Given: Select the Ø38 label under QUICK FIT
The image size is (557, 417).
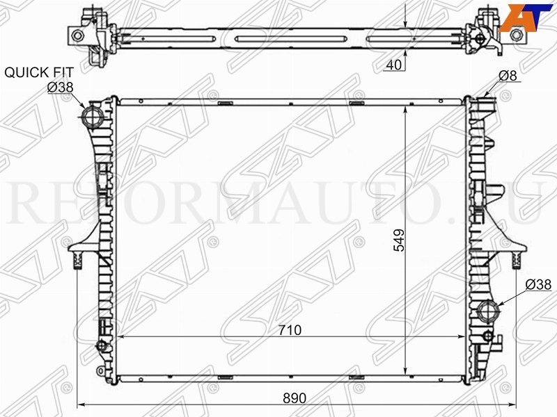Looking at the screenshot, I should click(61, 87).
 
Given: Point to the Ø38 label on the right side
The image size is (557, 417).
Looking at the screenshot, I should click(538, 284).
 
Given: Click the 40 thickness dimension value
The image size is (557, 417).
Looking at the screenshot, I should click(393, 65).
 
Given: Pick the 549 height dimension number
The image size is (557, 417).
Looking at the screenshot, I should click(398, 240).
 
